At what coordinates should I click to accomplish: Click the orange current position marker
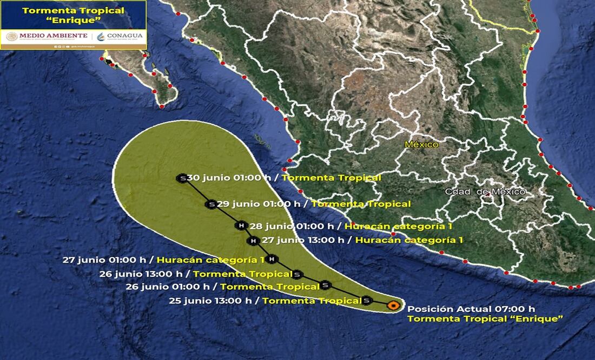pyautogui.click(x=393, y=305)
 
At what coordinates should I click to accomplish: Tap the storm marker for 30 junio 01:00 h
pyautogui.click(x=183, y=178)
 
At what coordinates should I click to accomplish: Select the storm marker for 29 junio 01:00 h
pyautogui.click(x=210, y=204)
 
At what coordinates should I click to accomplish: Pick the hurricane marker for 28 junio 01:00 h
pyautogui.click(x=241, y=225)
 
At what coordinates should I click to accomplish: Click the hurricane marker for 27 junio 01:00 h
pyautogui.click(x=272, y=259)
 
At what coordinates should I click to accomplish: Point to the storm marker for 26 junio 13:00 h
pyautogui.click(x=297, y=274)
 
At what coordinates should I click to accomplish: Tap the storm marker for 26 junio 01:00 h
pyautogui.click(x=325, y=285)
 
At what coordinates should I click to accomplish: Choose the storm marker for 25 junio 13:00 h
pyautogui.click(x=366, y=299)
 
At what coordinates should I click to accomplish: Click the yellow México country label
pyautogui.click(x=422, y=144)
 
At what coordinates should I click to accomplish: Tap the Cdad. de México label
pyautogui.click(x=485, y=192)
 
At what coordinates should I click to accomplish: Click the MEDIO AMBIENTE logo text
pyautogui.click(x=53, y=36)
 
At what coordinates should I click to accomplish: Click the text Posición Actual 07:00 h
pyautogui.click(x=471, y=309)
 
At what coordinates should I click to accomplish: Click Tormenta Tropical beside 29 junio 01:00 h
pyautogui.click(x=361, y=204)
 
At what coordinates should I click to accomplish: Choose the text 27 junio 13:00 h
pyautogui.click(x=303, y=241)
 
